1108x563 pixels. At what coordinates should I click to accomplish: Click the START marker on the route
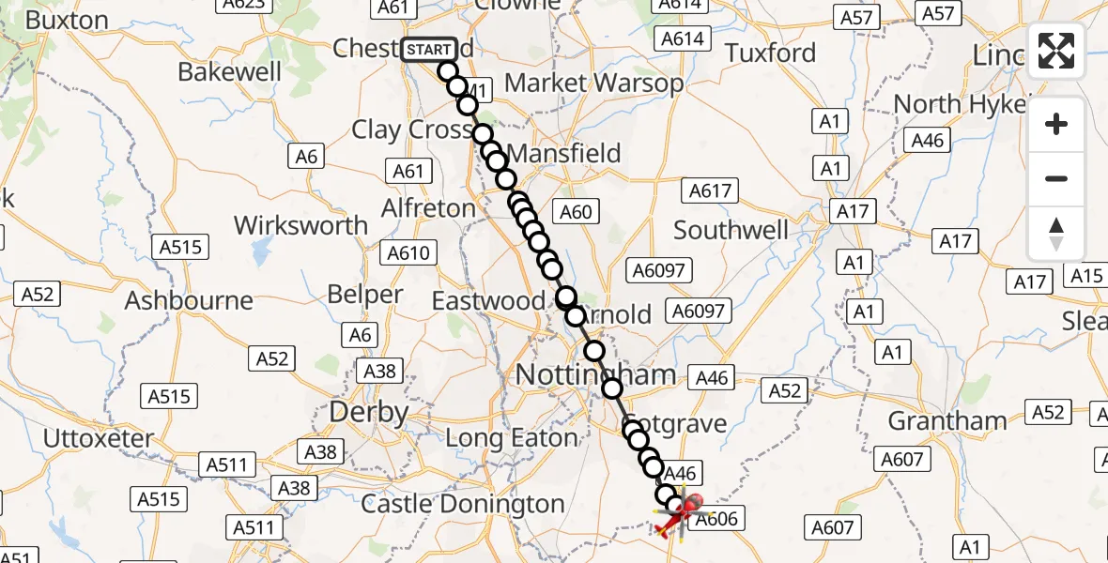tap(429, 49)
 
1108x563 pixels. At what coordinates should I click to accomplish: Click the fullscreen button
tap(1056, 51)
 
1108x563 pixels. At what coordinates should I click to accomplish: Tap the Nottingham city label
tap(595, 375)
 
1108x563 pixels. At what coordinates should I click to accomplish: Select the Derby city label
tap(368, 412)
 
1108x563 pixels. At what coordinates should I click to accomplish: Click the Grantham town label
tap(946, 420)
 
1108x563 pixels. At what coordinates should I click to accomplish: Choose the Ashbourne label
tap(189, 301)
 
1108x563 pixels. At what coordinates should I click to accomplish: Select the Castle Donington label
tap(463, 504)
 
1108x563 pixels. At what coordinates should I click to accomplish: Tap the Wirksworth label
tap(300, 225)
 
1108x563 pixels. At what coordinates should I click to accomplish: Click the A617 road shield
tap(710, 191)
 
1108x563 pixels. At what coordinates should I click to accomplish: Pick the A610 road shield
tap(408, 253)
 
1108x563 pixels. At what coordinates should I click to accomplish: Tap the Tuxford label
tap(770, 53)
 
